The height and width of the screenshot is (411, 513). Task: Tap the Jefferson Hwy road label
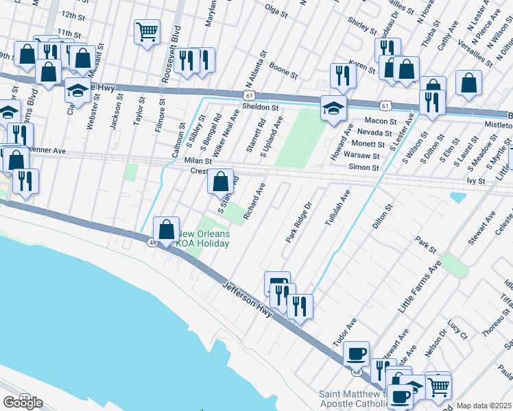point(248,299)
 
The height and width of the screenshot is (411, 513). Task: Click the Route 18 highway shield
point(25,397)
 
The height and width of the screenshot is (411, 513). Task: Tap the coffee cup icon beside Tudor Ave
point(356,352)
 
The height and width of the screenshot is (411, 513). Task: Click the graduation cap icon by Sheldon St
point(333,108)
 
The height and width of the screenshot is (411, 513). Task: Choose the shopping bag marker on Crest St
point(220,182)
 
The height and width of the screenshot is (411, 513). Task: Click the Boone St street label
point(283,70)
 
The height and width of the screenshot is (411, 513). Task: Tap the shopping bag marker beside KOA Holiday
point(166,229)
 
